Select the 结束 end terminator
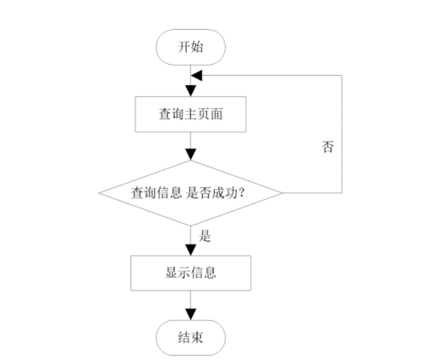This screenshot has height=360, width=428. (191, 338)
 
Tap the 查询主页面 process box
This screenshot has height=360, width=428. (191, 114)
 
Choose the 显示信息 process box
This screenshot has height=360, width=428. (191, 273)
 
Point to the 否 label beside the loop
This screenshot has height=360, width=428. (327, 147)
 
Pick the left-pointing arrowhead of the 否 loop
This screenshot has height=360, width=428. (197, 75)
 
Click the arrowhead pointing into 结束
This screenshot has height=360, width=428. (191, 315)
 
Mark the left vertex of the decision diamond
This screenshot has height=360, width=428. (99, 193)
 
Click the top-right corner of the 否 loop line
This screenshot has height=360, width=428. (342, 75)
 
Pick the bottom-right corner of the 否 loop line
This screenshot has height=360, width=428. (342, 193)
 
